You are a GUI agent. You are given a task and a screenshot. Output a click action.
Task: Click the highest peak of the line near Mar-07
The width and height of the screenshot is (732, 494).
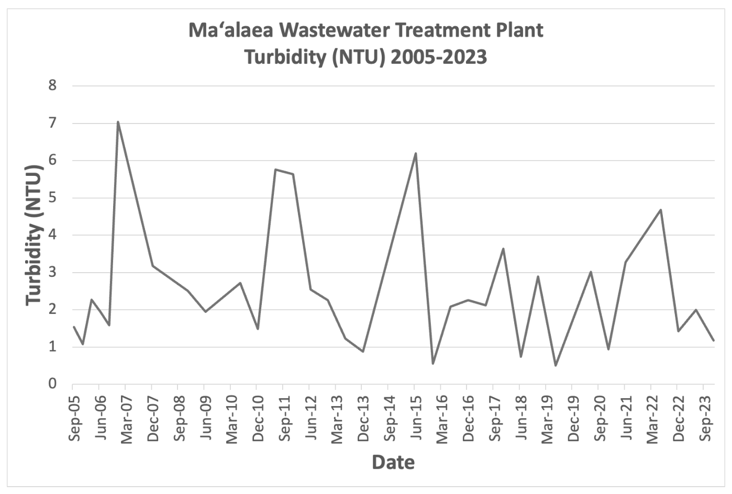coord(118,122)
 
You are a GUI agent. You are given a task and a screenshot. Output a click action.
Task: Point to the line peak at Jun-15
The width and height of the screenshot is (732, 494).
coord(416,153)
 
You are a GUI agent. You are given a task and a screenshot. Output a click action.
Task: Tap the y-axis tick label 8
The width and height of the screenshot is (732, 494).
coord(52,85)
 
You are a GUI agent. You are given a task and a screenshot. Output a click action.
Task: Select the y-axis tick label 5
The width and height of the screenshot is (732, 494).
coord(52,198)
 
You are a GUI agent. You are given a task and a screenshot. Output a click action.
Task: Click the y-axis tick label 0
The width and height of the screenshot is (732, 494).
coord(52,384)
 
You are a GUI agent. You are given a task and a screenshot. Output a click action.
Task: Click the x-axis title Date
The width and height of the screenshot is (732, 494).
coord(393,463)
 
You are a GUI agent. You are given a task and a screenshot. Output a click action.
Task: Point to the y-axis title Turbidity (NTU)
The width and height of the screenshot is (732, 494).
coord(34,235)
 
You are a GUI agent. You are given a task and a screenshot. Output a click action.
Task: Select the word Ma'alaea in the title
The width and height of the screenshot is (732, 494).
coord(231,30)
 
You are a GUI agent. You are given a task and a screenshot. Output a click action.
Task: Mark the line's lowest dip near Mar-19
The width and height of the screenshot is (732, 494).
coord(556,365)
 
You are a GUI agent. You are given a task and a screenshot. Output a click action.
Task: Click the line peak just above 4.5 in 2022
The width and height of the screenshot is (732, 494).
coord(661,210)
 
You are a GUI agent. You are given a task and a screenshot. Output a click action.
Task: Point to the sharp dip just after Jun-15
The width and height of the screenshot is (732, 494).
coord(433,363)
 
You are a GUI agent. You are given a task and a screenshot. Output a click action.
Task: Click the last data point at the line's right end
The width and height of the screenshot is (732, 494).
coord(714,340)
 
